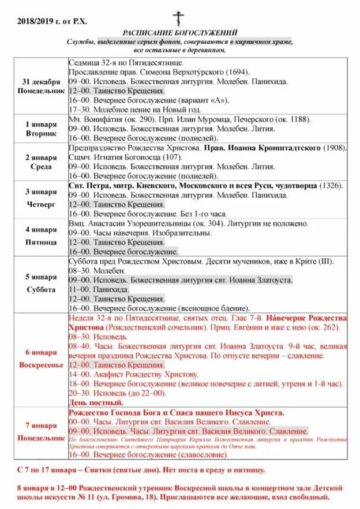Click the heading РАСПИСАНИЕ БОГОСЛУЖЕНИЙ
(x=179, y=33)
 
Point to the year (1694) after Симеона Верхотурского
(x=236, y=72)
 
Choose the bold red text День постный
(x=96, y=402)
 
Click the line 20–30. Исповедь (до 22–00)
(x=117, y=393)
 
